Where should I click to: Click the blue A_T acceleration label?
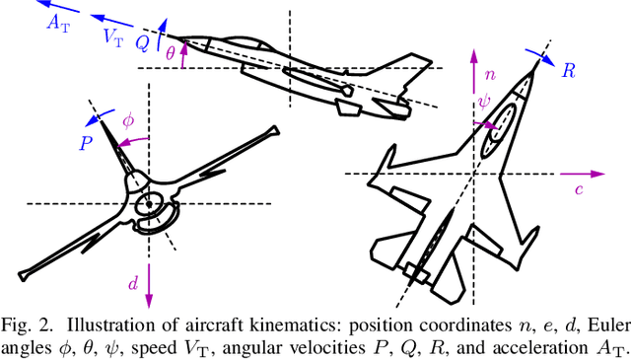click(58, 23)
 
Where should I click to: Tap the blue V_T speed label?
click(114, 38)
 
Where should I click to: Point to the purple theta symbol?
click(171, 52)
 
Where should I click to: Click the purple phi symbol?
click(128, 120)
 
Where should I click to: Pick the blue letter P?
click(86, 143)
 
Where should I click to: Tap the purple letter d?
click(133, 283)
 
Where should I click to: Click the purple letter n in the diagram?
click(490, 75)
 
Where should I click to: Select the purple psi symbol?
click(484, 102)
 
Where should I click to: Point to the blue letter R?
click(569, 71)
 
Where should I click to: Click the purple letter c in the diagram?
click(579, 189)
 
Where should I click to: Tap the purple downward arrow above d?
click(149, 285)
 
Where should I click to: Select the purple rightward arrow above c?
click(583, 174)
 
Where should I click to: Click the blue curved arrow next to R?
click(541, 57)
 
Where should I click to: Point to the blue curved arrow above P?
click(100, 116)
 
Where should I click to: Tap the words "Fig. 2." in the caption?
click(27, 326)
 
